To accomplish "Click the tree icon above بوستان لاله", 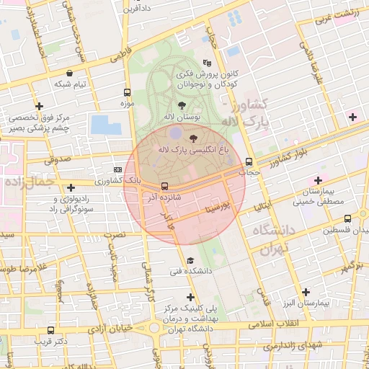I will tap(179, 105).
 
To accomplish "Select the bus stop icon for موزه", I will tap(128, 93).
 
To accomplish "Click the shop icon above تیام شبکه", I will tap(69, 73).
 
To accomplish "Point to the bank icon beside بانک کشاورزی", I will tap(118, 170).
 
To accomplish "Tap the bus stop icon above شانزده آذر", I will tap(165, 185).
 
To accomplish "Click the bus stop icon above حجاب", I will tap(249, 161).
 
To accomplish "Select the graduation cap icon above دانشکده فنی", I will tap(190, 261).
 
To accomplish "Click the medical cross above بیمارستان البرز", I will tap(306, 292).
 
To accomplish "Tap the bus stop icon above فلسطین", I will tap(347, 219).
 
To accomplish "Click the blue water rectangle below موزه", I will tap(106, 125).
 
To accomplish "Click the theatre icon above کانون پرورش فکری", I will tap(208, 62).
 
